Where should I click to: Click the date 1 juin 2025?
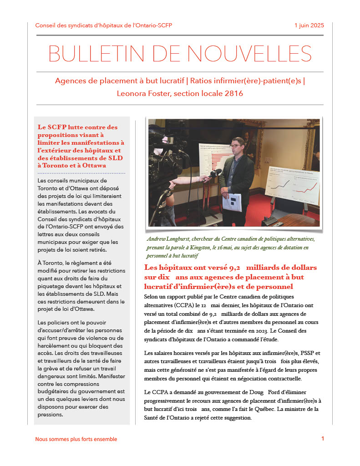click(x=309, y=25)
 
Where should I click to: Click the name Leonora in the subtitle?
click(x=133, y=94)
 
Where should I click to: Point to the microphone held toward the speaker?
click(x=213, y=174)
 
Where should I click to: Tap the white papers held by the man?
click(x=232, y=202)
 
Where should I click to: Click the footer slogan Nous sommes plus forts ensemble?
click(x=76, y=439)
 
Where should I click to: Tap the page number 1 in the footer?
click(x=323, y=439)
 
